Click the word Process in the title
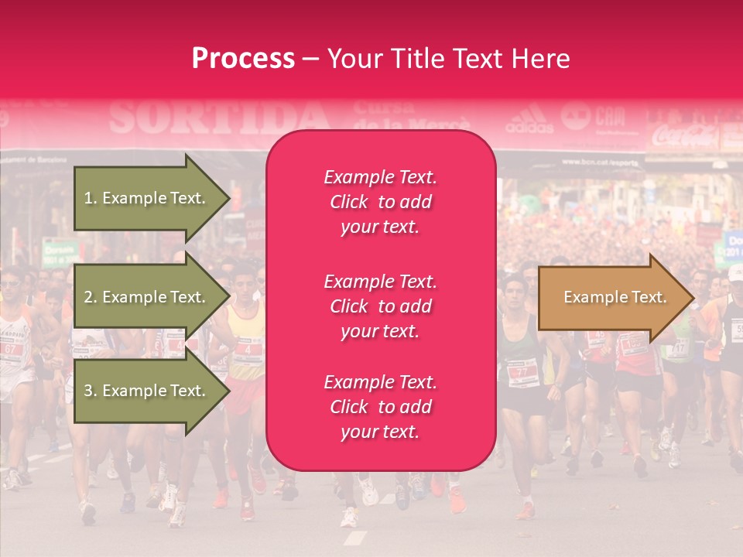(243, 59)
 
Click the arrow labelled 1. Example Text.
(147, 198)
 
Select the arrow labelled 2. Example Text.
(147, 297)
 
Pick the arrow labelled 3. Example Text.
(147, 391)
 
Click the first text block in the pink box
(380, 202)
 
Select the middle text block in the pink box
(380, 306)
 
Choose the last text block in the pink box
(380, 407)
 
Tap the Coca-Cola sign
(684, 137)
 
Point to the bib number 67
(12, 348)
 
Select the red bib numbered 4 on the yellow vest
(247, 349)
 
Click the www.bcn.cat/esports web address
(611, 162)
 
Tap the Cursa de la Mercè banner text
(411, 116)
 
